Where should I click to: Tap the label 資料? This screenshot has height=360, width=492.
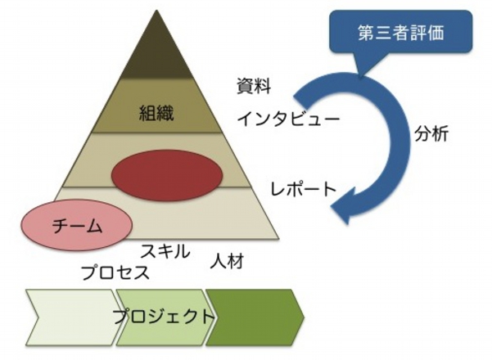(x=255, y=84)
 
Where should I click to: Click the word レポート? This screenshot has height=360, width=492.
(x=303, y=190)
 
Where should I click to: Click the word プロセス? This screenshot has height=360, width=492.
(x=115, y=272)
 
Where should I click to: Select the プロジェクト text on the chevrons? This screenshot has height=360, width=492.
(x=164, y=315)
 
